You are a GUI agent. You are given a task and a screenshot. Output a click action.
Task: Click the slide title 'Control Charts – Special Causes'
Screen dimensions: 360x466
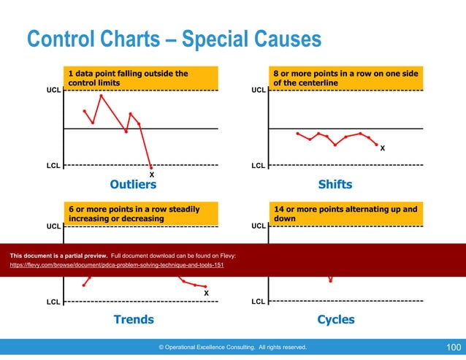point(174,38)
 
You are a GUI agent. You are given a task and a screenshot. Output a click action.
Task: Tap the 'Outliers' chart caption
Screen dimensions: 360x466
point(133,184)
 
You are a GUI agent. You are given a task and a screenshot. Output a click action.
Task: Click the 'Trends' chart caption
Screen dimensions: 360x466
point(133,319)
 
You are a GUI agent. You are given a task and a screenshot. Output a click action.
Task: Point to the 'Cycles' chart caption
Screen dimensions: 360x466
point(336,319)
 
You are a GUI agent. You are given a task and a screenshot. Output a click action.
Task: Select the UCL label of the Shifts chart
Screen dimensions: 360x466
point(259,91)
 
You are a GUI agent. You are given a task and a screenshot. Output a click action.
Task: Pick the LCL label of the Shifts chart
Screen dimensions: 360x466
point(259,166)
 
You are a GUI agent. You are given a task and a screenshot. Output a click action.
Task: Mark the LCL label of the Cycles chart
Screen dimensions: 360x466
point(259,301)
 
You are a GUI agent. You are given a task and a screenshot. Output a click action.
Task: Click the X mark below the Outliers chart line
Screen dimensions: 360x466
point(151,175)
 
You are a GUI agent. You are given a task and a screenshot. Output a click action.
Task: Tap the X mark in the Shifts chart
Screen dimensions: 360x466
point(383,150)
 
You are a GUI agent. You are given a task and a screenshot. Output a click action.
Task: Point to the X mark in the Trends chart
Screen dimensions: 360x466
point(206,294)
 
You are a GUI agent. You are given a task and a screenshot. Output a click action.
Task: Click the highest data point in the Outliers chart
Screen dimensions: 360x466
point(101,96)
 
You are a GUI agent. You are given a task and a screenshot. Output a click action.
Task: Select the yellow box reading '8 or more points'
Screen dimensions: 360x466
point(345,78)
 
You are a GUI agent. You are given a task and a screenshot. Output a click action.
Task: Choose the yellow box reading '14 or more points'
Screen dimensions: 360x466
point(345,213)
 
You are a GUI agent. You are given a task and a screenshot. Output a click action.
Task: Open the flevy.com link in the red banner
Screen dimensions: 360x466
point(116,265)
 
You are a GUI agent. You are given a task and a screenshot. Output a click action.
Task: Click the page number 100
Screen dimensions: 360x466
point(452,348)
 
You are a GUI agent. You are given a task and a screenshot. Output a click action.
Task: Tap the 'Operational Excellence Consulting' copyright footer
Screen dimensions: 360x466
point(233,348)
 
